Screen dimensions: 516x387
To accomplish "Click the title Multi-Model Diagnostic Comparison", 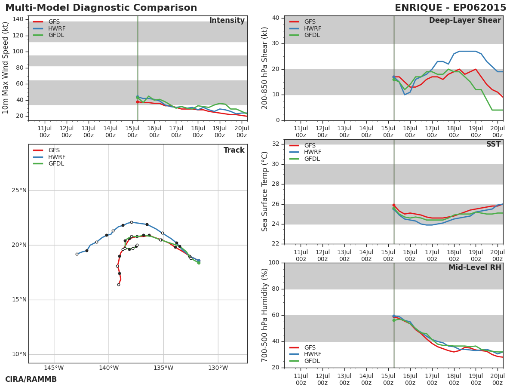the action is tap(101, 7).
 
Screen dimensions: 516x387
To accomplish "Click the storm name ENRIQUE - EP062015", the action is tap(450, 7).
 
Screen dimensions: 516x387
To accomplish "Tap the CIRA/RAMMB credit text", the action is tap(31, 379).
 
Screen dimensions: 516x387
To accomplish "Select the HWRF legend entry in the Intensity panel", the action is tap(49, 28).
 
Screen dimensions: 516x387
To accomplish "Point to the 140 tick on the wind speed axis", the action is tap(18, 19).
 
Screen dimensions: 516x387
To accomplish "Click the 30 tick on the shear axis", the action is tap(276, 43).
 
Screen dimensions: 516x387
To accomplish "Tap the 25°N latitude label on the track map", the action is tap(19, 190).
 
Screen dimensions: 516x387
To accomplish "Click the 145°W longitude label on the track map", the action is tap(54, 368).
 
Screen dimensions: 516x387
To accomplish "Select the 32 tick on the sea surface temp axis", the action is tap(276, 144).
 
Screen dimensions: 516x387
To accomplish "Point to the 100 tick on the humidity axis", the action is tap(274, 262).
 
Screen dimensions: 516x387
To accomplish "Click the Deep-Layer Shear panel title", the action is tap(465, 21).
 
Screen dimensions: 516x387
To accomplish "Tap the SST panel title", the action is tap(494, 144).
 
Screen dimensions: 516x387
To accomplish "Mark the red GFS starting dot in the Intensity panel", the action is tap(138, 102).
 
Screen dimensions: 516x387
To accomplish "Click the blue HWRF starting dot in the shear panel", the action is tap(394, 77).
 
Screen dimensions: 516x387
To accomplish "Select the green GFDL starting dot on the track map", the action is tap(199, 263).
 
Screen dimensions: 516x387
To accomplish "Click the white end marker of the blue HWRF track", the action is tap(77, 254).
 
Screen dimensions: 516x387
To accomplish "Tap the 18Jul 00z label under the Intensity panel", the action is tap(198, 132).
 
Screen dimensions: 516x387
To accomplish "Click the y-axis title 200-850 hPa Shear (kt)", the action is tap(265, 68).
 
